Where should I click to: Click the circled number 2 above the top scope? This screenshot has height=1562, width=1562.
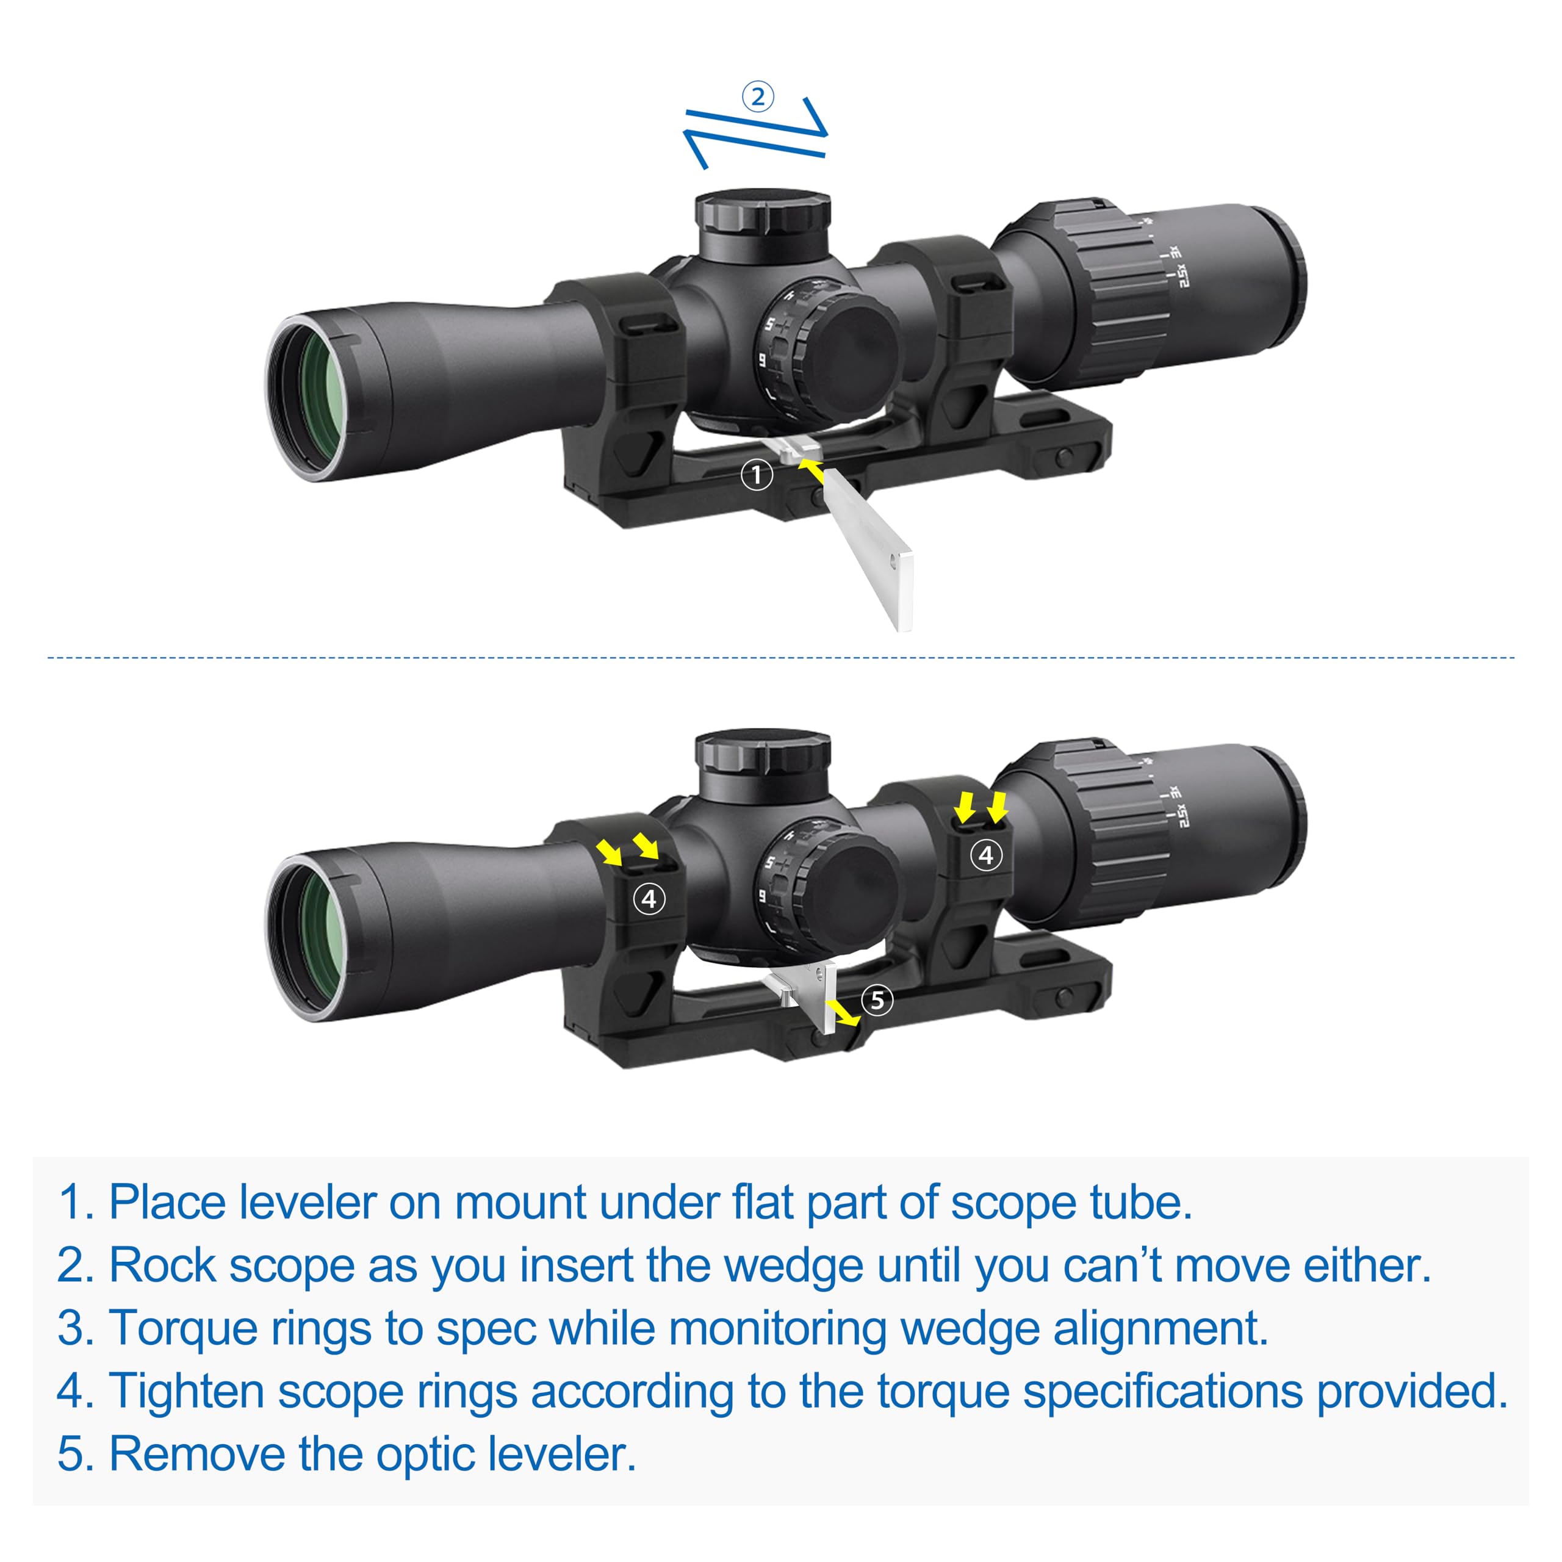click(x=758, y=97)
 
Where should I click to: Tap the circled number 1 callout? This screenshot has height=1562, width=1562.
click(x=757, y=475)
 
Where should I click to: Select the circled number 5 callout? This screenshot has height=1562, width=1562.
click(x=877, y=1000)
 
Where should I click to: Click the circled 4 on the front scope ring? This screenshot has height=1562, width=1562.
click(x=649, y=899)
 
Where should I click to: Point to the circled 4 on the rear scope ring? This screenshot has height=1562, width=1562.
click(x=985, y=855)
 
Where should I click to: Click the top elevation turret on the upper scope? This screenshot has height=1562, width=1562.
click(x=763, y=216)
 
